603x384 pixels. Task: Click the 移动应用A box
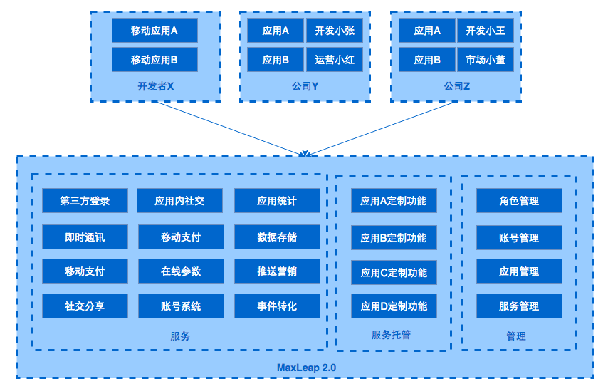(154, 31)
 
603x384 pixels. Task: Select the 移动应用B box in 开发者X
(154, 60)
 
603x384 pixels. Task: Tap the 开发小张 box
(334, 31)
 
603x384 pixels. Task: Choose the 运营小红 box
(334, 60)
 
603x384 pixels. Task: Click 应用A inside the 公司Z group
(427, 31)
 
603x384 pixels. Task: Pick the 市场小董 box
(485, 60)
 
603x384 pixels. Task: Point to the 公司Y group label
(305, 86)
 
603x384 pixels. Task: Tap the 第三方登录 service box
(85, 201)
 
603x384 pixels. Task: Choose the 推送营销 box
(277, 271)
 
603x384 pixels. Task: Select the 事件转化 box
(277, 306)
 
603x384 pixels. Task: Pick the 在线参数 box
(180, 271)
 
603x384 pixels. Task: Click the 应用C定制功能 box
(393, 272)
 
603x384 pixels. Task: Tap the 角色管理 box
(518, 201)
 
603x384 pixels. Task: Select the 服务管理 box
(518, 306)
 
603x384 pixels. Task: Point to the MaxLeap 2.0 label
(306, 368)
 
